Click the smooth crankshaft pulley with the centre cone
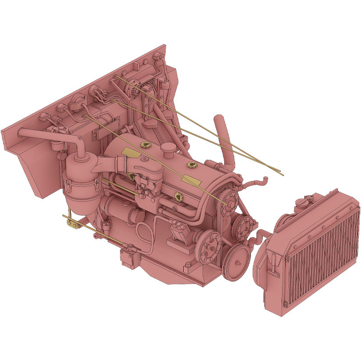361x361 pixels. (x=236, y=264)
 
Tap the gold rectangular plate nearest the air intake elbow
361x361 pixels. (x=131, y=151)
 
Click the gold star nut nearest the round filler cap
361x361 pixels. (x=145, y=145)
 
